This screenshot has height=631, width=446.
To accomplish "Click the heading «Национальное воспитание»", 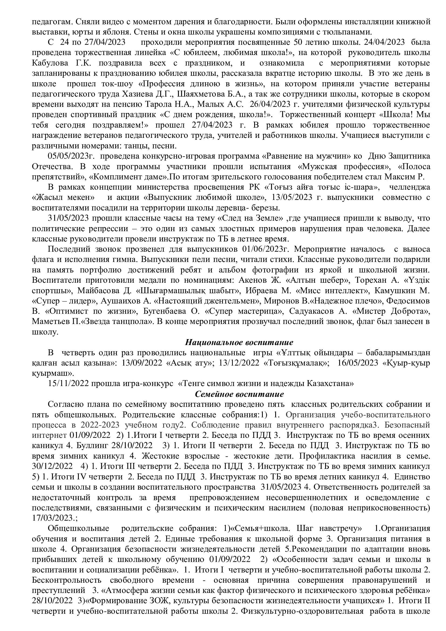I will (239, 342).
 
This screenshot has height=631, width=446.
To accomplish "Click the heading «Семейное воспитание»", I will (239, 394).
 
